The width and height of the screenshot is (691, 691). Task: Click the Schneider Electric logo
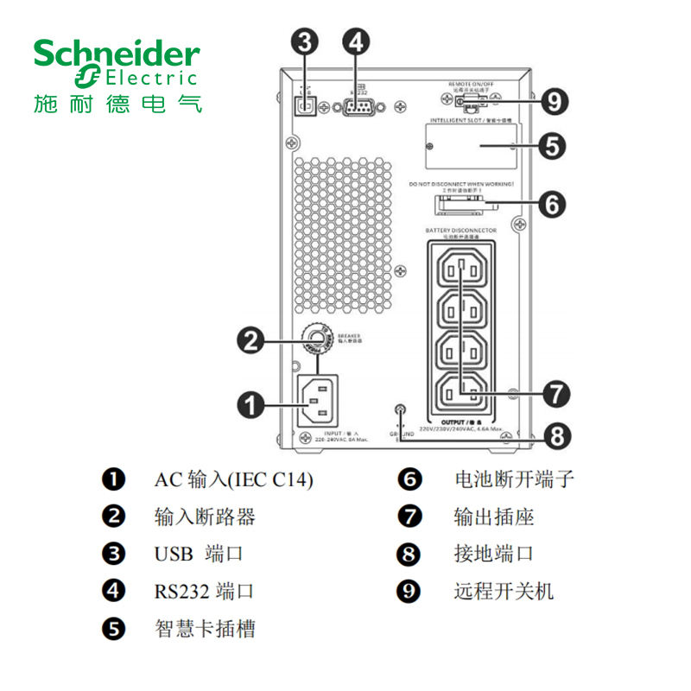(x=117, y=76)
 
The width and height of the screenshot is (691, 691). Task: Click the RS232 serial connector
(x=356, y=107)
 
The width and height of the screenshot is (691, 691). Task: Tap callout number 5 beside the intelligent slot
(x=553, y=144)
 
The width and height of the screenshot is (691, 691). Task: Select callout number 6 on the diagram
(x=553, y=204)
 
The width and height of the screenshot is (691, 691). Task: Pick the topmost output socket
(x=461, y=270)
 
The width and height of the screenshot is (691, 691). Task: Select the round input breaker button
(x=317, y=338)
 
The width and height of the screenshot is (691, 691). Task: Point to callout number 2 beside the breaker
(x=251, y=341)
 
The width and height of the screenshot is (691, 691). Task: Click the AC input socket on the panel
(x=319, y=398)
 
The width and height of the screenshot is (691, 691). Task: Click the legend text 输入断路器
(x=205, y=517)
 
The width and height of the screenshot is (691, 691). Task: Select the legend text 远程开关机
(x=504, y=591)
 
